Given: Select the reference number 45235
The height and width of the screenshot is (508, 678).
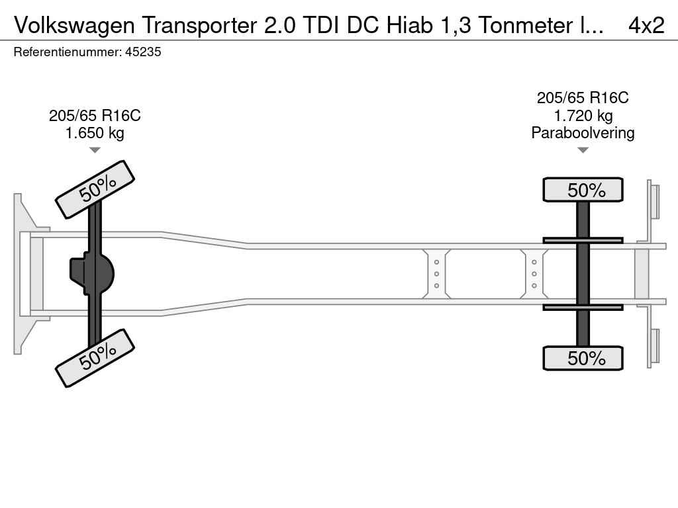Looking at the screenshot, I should pos(144,52).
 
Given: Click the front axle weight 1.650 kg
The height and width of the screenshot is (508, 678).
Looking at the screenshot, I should pos(95,133).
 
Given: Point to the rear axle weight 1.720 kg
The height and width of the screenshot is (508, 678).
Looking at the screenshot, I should pos(583,116).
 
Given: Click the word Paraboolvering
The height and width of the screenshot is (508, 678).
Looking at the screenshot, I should pos(583,133).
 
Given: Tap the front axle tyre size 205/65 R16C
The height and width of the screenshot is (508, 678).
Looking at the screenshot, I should pos(95,116).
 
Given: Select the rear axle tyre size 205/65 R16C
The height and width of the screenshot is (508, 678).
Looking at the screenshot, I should pos(583,98).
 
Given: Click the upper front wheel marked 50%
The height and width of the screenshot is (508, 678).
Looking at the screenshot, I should pos(95,189).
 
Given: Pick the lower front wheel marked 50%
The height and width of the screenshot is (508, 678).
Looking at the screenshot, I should pos(95,357).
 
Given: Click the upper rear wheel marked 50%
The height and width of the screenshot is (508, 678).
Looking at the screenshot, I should pos(583,190).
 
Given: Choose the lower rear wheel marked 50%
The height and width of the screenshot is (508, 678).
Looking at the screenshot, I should pos(583,358).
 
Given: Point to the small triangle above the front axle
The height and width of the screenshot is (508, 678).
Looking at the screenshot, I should pos(95,150).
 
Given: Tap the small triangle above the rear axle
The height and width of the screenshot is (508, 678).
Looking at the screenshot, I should pos(583,150).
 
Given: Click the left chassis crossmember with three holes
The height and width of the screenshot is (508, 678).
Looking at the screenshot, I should pos(437,274).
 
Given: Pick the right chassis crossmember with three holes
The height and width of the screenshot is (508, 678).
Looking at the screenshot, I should pos(534,274).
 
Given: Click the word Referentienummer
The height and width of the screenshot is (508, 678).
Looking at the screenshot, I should pos(67,52).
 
